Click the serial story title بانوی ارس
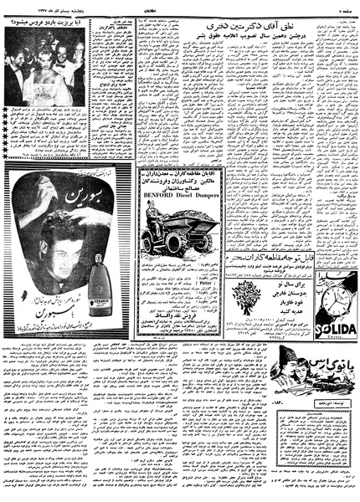click(322, 363)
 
